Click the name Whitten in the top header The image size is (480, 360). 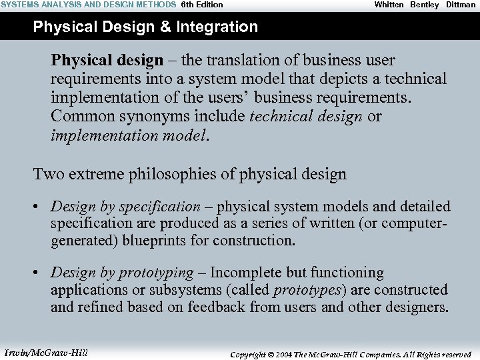389,5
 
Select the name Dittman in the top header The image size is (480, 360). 461,5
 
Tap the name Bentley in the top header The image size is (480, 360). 425,5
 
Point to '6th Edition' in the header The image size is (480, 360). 202,5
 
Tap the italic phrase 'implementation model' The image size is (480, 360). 129,135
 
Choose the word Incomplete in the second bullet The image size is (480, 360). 245,273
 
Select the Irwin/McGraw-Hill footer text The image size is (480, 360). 46,353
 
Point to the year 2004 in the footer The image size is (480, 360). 282,355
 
